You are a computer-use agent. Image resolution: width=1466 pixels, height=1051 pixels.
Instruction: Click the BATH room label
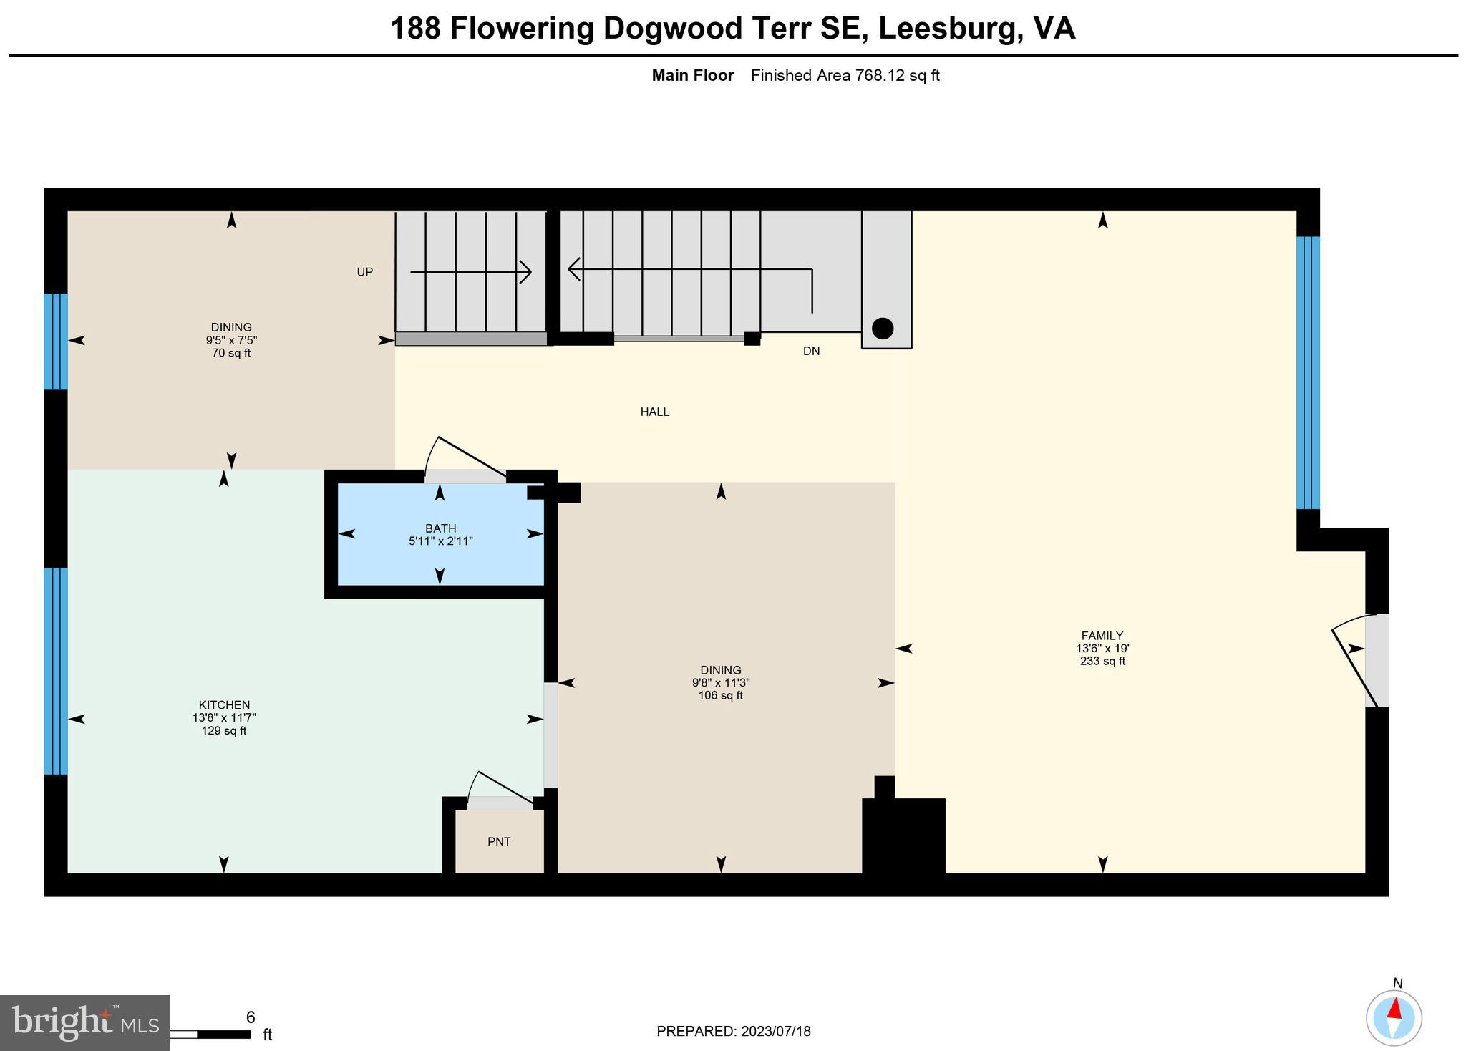[x=440, y=528]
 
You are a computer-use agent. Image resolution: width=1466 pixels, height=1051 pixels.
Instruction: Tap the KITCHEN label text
[x=224, y=705]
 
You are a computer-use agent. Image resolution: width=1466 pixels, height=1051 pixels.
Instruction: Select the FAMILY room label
[x=1102, y=636]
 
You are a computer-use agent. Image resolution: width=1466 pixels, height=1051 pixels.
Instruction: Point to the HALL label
[x=655, y=412]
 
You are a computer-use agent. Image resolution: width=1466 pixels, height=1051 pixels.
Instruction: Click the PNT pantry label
[x=499, y=842]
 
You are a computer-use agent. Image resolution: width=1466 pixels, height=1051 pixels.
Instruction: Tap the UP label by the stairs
[x=365, y=272]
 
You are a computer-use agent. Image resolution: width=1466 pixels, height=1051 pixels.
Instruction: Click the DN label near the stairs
[x=811, y=351]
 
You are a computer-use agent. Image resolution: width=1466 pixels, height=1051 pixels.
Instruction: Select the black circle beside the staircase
[x=883, y=329]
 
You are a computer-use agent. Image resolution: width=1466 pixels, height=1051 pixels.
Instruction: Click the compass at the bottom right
[x=1394, y=1018]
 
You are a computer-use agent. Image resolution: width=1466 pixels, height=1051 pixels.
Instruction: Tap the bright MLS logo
[x=85, y=1023]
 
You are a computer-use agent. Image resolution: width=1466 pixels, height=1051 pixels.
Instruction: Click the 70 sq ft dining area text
[x=231, y=353]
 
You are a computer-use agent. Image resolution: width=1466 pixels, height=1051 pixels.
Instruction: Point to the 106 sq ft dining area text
[x=721, y=695]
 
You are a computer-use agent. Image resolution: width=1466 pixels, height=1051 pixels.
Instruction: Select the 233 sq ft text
[x=1102, y=661]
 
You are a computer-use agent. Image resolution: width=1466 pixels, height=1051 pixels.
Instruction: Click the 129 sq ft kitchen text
[x=224, y=731]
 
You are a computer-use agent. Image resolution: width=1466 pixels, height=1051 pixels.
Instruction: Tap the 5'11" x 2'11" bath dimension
[x=441, y=541]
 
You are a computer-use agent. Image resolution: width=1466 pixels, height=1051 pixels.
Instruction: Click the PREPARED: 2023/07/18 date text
[x=734, y=1032]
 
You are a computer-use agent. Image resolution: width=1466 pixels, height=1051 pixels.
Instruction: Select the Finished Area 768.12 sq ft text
[x=845, y=76]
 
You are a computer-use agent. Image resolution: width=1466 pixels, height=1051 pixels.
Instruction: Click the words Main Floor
[x=693, y=76]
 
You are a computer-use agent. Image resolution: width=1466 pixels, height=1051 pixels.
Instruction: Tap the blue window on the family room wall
[x=1308, y=372]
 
